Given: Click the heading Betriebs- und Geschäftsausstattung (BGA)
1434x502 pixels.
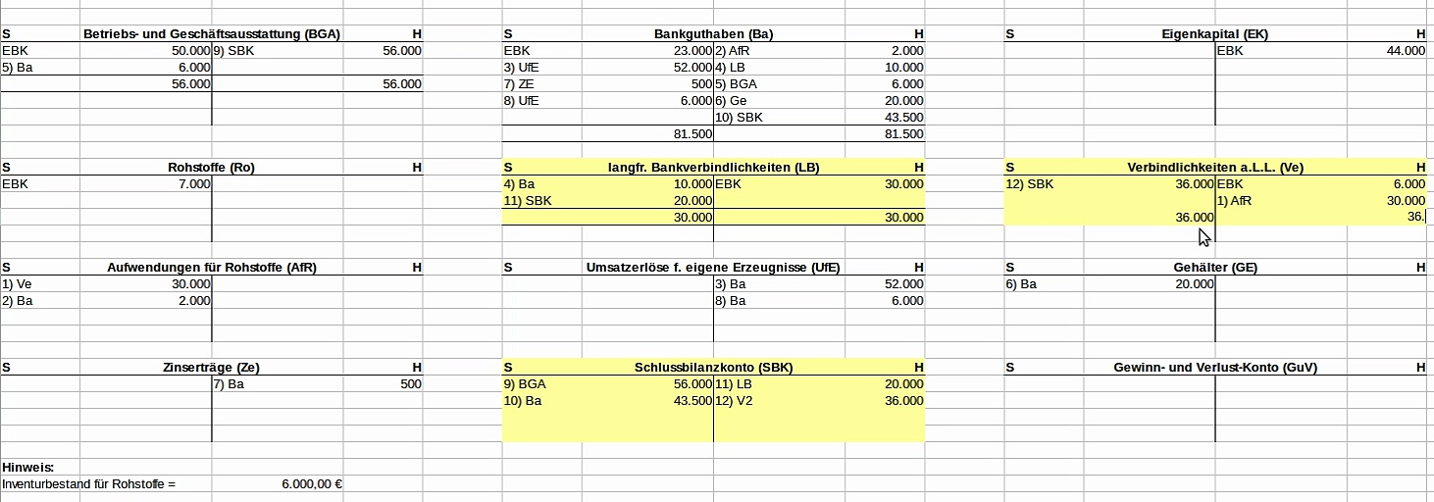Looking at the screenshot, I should click(211, 34).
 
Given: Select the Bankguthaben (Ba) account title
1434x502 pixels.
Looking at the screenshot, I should click(713, 34).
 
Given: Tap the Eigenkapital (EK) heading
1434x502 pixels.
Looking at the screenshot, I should click(1214, 34).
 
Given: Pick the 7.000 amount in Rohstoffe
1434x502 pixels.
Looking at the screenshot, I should click(193, 184).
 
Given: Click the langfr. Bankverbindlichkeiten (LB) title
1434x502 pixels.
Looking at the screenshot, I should click(713, 168).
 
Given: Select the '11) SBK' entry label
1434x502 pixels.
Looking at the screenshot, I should click(526, 201).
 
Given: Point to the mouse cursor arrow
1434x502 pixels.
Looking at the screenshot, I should click(1204, 236).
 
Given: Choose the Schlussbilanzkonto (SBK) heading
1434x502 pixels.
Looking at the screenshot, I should click(713, 368).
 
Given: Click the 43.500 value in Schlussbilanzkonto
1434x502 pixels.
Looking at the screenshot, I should click(691, 401).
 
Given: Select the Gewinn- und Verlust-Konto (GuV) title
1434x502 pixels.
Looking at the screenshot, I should click(1214, 368).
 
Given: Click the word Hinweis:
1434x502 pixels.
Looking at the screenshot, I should click(27, 468).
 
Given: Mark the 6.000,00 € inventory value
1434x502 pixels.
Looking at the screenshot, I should click(311, 484).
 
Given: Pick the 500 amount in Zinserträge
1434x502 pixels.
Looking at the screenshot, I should click(411, 384).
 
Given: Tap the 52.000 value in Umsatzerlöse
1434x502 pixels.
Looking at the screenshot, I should click(903, 284).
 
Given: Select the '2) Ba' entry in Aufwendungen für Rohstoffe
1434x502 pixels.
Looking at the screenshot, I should click(18, 301).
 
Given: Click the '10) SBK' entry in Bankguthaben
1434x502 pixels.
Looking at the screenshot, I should click(739, 118).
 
